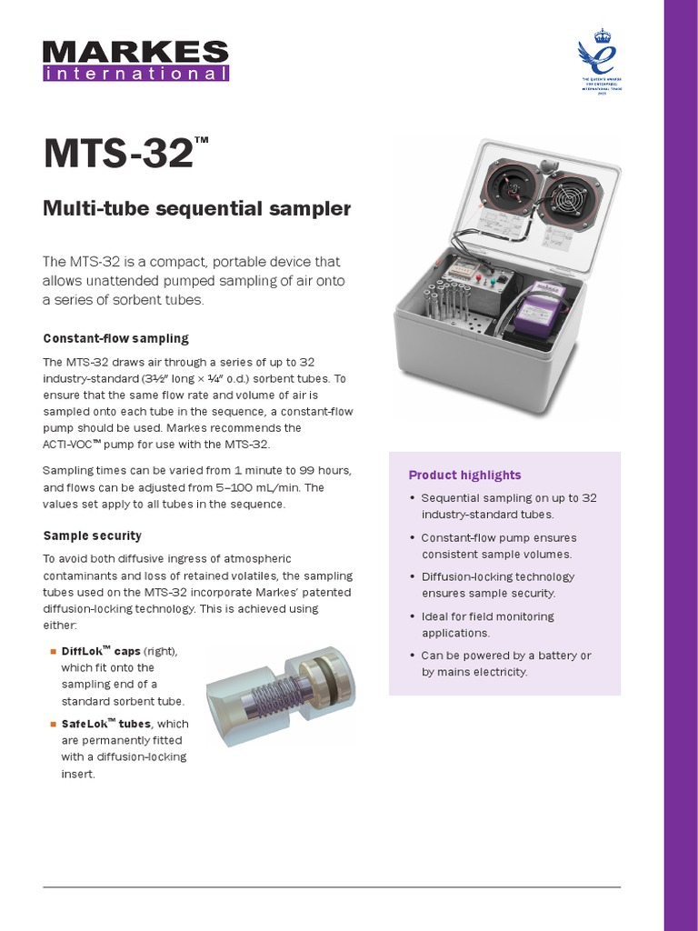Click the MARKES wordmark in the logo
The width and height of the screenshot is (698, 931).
tap(135, 51)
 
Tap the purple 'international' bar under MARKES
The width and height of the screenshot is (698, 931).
tap(135, 74)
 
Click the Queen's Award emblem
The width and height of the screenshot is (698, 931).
tap(599, 65)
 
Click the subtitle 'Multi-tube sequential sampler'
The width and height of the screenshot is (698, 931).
tap(197, 209)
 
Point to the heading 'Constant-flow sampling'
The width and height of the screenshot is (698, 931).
tap(116, 338)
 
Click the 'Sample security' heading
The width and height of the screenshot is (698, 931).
tap(93, 536)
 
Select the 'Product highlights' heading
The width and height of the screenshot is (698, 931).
tap(464, 475)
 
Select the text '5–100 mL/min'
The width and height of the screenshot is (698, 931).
tap(225, 486)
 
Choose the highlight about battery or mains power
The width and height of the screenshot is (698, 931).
tap(505, 664)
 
